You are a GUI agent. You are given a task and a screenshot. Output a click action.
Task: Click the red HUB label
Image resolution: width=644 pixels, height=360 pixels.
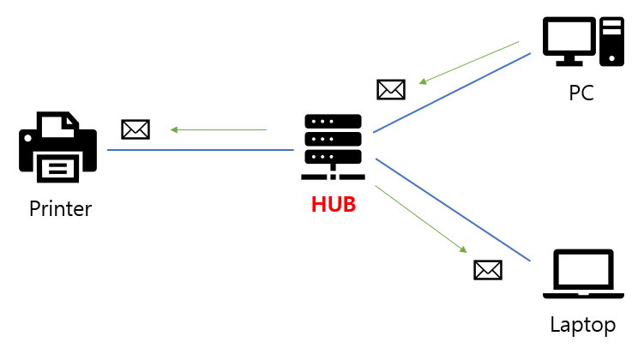pyautogui.click(x=333, y=206)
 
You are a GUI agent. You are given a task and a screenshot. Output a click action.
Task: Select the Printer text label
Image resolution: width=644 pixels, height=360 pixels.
pyautogui.click(x=60, y=208)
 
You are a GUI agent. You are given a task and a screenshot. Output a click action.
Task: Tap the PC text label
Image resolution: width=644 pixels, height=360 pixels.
pyautogui.click(x=581, y=93)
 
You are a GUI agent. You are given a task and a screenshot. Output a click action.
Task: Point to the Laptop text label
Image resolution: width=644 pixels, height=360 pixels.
pyautogui.click(x=582, y=325)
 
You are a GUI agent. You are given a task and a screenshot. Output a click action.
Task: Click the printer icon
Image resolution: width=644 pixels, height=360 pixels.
pyautogui.click(x=57, y=150)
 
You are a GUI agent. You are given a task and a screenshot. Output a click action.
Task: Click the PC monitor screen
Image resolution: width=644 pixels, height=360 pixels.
pyautogui.click(x=569, y=36)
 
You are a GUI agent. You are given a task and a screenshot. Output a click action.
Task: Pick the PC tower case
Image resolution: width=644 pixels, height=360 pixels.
pyautogui.click(x=611, y=40)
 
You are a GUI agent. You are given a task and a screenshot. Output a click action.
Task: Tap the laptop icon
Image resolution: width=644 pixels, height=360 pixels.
pyautogui.click(x=583, y=274)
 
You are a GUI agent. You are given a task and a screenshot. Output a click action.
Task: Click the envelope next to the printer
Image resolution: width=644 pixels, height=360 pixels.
pyautogui.click(x=135, y=129)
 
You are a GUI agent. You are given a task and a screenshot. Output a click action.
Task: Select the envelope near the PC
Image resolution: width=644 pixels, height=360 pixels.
pyautogui.click(x=390, y=88)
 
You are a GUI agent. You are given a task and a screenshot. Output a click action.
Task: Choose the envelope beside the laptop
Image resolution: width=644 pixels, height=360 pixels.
pyautogui.click(x=487, y=270)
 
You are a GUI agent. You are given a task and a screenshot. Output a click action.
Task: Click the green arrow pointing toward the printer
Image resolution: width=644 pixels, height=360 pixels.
pyautogui.click(x=219, y=130)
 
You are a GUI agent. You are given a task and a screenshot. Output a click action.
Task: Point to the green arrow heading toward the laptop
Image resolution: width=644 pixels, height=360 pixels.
pyautogui.click(x=421, y=219)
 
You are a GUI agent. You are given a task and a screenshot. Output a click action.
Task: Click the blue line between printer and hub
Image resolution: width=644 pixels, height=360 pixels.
pyautogui.click(x=202, y=150)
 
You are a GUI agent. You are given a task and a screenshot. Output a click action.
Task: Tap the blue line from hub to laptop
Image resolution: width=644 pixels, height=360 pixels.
pyautogui.click(x=454, y=209)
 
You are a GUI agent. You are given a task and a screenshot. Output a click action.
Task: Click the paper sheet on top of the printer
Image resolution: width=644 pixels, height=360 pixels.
pyautogui.click(x=57, y=125)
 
